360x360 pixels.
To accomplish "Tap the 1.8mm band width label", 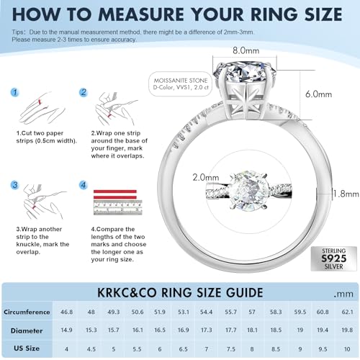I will [x=345, y=193].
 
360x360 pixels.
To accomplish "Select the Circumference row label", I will [x=25, y=312].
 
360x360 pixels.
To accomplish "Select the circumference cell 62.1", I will [x=347, y=312].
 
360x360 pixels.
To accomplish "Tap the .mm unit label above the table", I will [x=346, y=294].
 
